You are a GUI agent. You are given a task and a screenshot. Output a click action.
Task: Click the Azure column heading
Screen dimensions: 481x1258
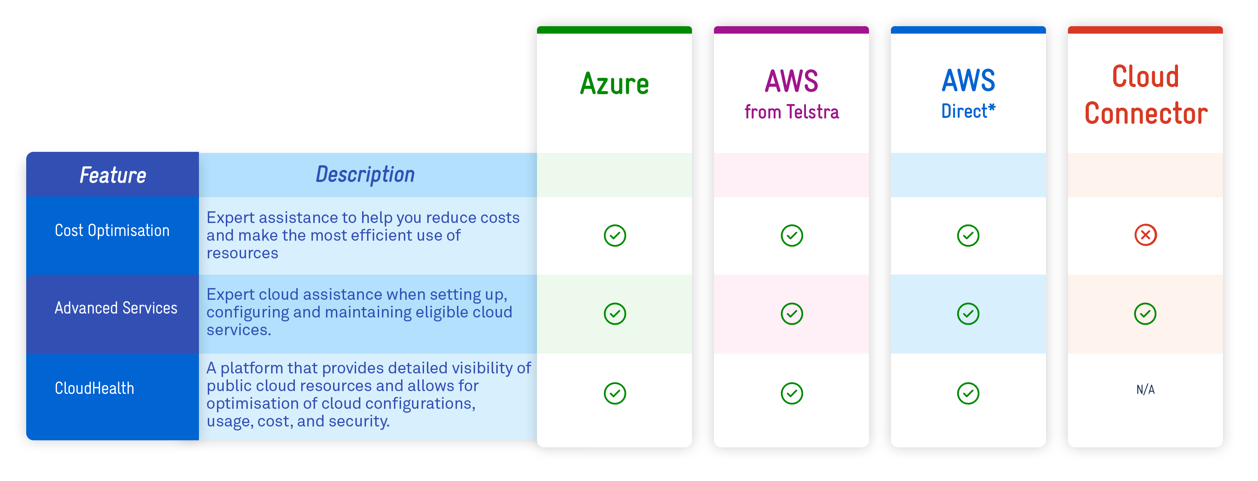tap(614, 84)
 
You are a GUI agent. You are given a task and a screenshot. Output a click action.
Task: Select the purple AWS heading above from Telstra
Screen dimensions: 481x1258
tap(791, 81)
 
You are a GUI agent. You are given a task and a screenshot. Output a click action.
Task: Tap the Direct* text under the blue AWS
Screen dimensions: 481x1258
tap(968, 111)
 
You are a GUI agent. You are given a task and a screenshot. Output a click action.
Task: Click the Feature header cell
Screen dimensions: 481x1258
tap(113, 175)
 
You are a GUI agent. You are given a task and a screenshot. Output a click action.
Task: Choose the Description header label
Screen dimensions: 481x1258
tap(365, 174)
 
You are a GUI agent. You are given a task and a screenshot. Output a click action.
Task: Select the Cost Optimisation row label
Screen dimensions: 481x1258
tap(112, 230)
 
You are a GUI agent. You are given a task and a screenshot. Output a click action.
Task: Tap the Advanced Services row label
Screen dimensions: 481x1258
tap(116, 308)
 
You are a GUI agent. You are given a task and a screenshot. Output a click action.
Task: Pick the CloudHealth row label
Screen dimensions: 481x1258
tap(94, 388)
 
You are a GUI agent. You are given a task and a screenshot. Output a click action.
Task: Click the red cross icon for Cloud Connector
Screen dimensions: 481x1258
tap(1145, 235)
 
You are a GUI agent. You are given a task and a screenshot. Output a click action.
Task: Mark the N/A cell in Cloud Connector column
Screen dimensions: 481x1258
tap(1145, 390)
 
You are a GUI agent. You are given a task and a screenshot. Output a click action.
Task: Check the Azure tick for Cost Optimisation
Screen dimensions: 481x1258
tap(614, 235)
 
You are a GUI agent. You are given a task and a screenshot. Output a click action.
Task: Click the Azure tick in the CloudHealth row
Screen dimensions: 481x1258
tap(614, 393)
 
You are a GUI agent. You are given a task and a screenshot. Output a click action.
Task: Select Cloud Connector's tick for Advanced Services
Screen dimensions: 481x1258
tap(1145, 314)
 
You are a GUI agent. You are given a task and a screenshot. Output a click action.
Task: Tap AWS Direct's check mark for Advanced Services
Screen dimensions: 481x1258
tap(968, 314)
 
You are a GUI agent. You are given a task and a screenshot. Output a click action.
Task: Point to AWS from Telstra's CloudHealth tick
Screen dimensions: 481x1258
tap(791, 393)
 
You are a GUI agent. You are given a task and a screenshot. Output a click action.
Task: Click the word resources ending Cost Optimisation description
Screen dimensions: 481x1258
tap(242, 253)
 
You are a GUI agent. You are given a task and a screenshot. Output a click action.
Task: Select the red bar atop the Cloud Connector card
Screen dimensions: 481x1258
tap(1145, 30)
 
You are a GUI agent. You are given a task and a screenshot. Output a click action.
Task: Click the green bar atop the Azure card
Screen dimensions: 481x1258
tap(614, 30)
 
